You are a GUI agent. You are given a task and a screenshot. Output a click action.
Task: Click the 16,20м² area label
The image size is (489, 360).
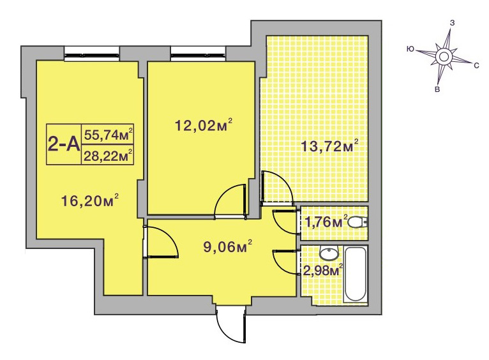coord(90,200)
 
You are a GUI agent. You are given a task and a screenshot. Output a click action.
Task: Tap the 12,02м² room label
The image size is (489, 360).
coord(204,125)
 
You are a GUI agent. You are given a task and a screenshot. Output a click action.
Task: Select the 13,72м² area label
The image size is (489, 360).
coord(329,146)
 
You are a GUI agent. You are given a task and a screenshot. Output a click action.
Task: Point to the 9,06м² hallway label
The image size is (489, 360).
coord(227,247)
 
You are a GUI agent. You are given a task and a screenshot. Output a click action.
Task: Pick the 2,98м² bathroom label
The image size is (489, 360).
coord(323,270)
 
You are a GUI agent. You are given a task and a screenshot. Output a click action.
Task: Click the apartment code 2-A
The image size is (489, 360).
coord(64,144)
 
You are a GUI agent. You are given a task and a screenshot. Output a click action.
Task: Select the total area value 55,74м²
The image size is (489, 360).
coord(109,134)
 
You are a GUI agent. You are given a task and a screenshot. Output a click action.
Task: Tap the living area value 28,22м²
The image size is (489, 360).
coord(109,155)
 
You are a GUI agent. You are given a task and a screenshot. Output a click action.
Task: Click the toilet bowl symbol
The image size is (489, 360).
coord(357,223)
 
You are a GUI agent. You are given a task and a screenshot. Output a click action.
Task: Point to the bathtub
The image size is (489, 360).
coord(356,274)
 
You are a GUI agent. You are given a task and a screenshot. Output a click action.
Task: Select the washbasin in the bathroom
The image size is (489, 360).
coord(329,253)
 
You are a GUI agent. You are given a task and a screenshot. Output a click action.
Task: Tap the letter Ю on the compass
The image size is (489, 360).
coord(410,49)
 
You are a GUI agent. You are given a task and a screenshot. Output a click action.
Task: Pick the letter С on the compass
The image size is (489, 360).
coord(476,66)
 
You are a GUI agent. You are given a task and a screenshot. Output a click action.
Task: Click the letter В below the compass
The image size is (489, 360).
coord(437,90)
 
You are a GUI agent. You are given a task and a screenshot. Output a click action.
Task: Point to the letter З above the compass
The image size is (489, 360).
coord(452,23)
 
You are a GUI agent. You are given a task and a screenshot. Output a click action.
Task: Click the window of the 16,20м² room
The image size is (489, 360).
coord(92,52)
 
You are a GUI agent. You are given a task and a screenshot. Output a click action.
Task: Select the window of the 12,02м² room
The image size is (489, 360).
coord(198,52)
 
